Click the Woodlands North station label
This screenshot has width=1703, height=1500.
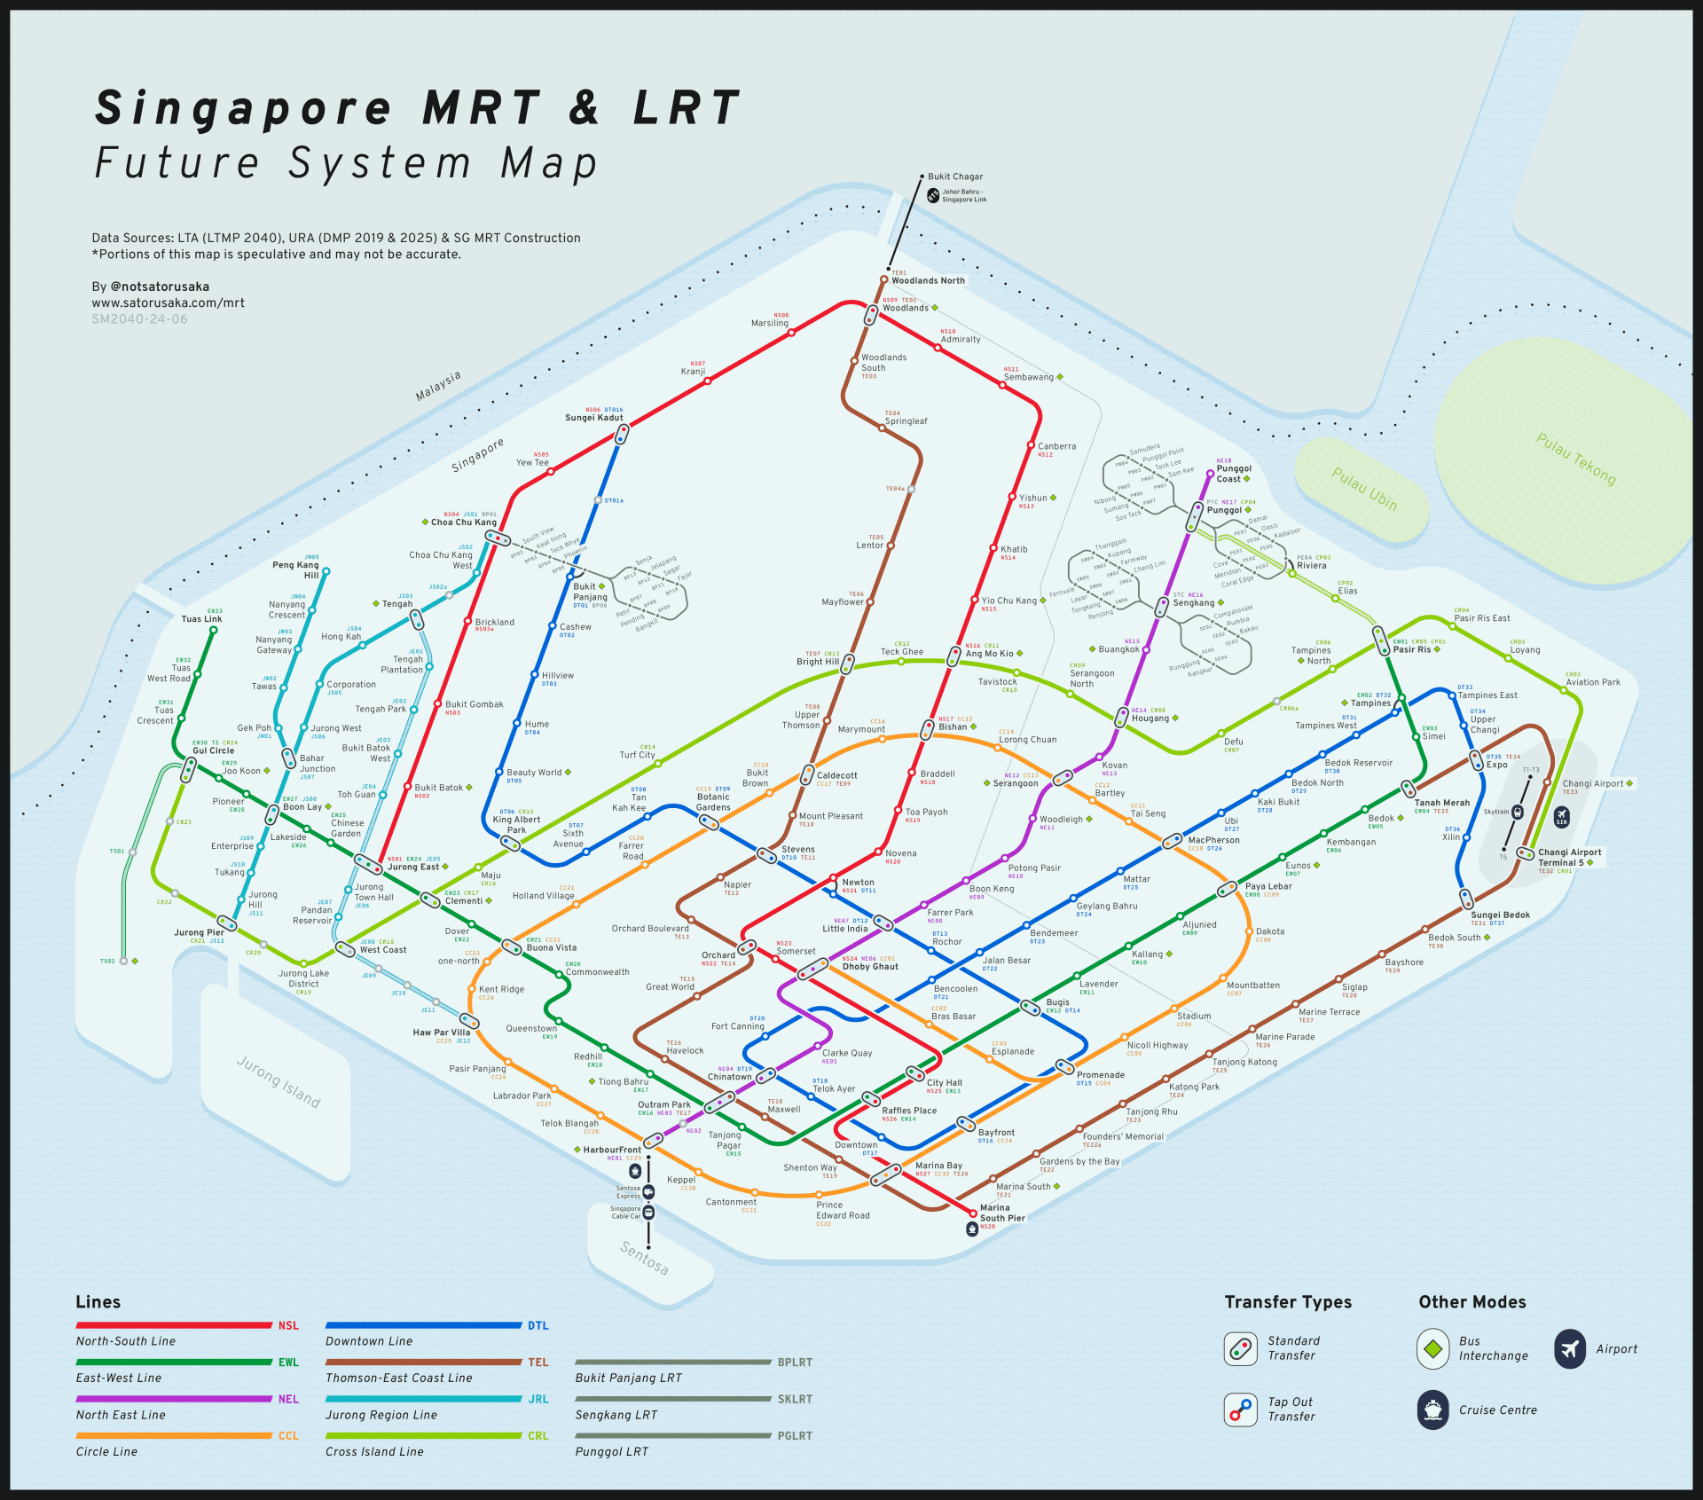(928, 281)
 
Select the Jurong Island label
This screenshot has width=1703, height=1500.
(279, 1081)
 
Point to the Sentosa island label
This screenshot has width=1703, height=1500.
(644, 1258)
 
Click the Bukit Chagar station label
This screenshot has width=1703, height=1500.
(955, 177)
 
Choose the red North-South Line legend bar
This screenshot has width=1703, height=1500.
(174, 1325)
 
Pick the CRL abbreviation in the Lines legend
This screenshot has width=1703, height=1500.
(538, 1436)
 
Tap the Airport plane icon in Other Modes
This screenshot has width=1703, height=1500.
(1569, 1349)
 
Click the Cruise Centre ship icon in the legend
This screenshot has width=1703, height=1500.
(1432, 1410)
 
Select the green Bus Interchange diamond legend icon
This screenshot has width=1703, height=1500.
(1432, 1349)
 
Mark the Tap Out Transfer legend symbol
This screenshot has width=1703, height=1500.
(1240, 1410)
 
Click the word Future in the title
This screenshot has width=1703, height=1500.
(177, 164)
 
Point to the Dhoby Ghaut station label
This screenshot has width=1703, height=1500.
(869, 967)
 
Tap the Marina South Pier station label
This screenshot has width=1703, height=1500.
(1001, 1213)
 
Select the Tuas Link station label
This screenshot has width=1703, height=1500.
(201, 619)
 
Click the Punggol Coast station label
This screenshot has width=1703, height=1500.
(1233, 474)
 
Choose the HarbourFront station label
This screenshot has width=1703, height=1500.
(612, 1150)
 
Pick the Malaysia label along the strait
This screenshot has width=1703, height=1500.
(438, 387)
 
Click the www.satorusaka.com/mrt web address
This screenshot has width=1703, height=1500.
(169, 303)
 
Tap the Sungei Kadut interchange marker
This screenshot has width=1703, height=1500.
(623, 435)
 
